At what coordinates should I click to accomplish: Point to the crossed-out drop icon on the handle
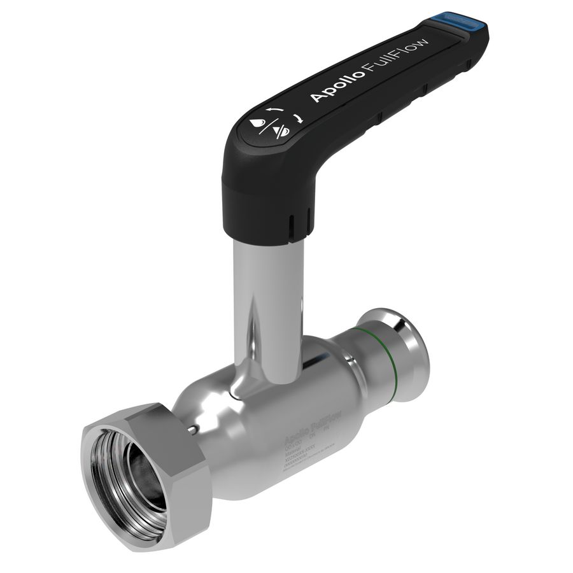pyautogui.click(x=281, y=131)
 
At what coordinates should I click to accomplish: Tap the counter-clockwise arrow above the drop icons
pyautogui.click(x=274, y=110)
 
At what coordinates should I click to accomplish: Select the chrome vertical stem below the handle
pyautogui.click(x=267, y=299)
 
